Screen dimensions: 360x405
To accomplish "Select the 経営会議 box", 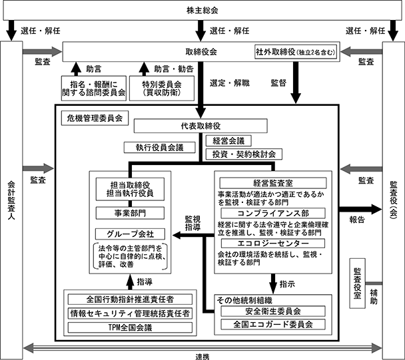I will [229, 141].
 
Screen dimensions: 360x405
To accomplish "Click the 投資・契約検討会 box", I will [242, 154].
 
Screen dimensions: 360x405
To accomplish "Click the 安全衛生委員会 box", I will [272, 311].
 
